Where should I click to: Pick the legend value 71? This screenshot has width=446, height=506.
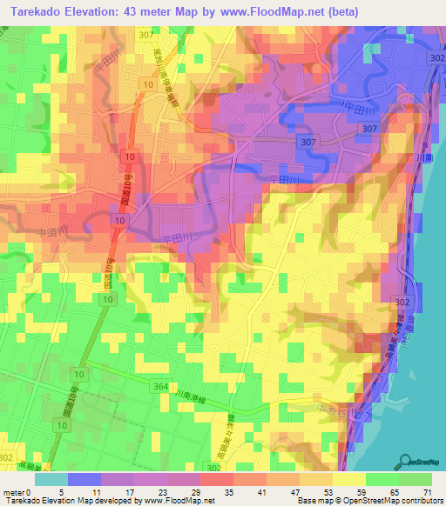point(427,491)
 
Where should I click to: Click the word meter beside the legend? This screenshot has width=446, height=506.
point(15,491)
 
